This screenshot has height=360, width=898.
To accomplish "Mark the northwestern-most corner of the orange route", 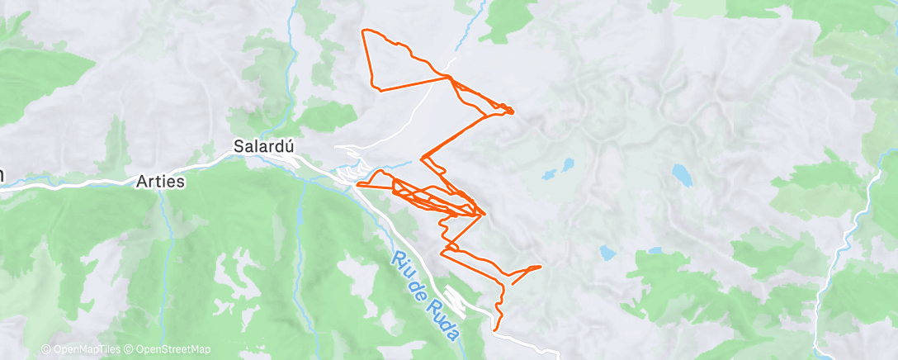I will point(365,31).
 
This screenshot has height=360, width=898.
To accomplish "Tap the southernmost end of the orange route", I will point(495,329).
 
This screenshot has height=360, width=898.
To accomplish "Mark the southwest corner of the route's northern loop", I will point(378,88).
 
